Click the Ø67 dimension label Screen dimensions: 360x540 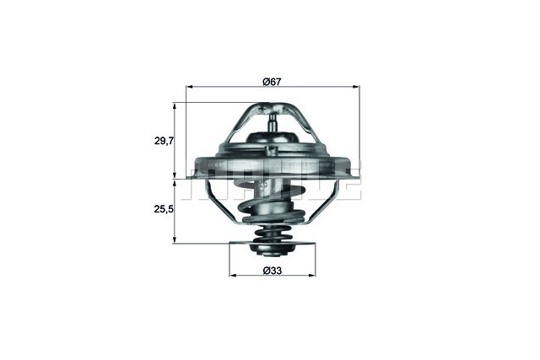(x=271, y=81)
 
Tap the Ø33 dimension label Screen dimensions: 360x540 (x=271, y=270)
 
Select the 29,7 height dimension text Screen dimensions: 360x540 (x=164, y=141)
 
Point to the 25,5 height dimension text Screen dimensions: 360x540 (x=164, y=209)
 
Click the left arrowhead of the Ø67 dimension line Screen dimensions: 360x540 (x=189, y=88)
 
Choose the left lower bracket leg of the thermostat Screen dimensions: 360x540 (x=216, y=199)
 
